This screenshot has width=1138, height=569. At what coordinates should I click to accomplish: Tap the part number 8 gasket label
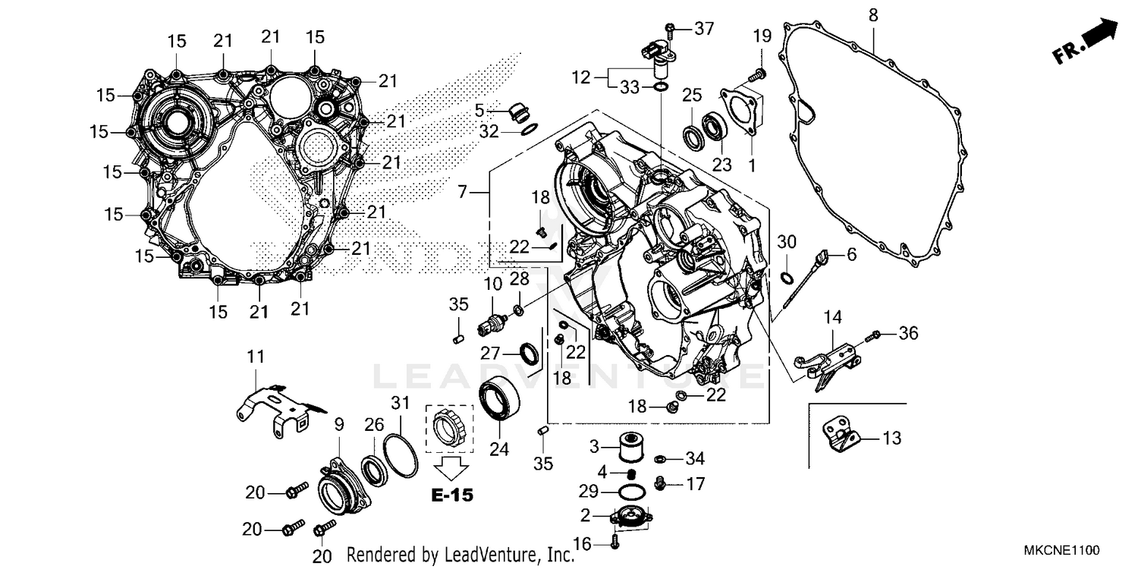[x=873, y=14]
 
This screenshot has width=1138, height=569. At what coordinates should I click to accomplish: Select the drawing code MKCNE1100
[x=1060, y=550]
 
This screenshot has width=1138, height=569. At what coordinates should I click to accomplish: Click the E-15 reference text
[x=452, y=495]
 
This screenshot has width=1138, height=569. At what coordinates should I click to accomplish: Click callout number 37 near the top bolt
[x=703, y=29]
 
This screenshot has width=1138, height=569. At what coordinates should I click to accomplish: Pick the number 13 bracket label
[x=892, y=438]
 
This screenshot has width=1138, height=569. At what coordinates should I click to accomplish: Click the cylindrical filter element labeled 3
[x=627, y=445]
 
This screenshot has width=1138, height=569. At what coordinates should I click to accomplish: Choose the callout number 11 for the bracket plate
[x=256, y=355]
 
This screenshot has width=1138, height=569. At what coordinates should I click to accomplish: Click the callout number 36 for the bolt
[x=908, y=333]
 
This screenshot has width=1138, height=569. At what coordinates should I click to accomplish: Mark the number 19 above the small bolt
[x=762, y=36]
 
